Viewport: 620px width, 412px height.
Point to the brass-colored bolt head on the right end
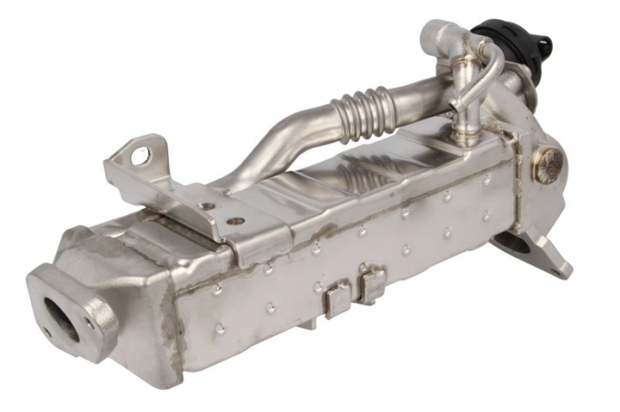pyautogui.click(x=548, y=165)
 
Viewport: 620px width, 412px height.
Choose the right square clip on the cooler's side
pyautogui.click(x=371, y=284)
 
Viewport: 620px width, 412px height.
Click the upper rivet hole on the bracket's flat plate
pyautogui.click(x=205, y=206)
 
